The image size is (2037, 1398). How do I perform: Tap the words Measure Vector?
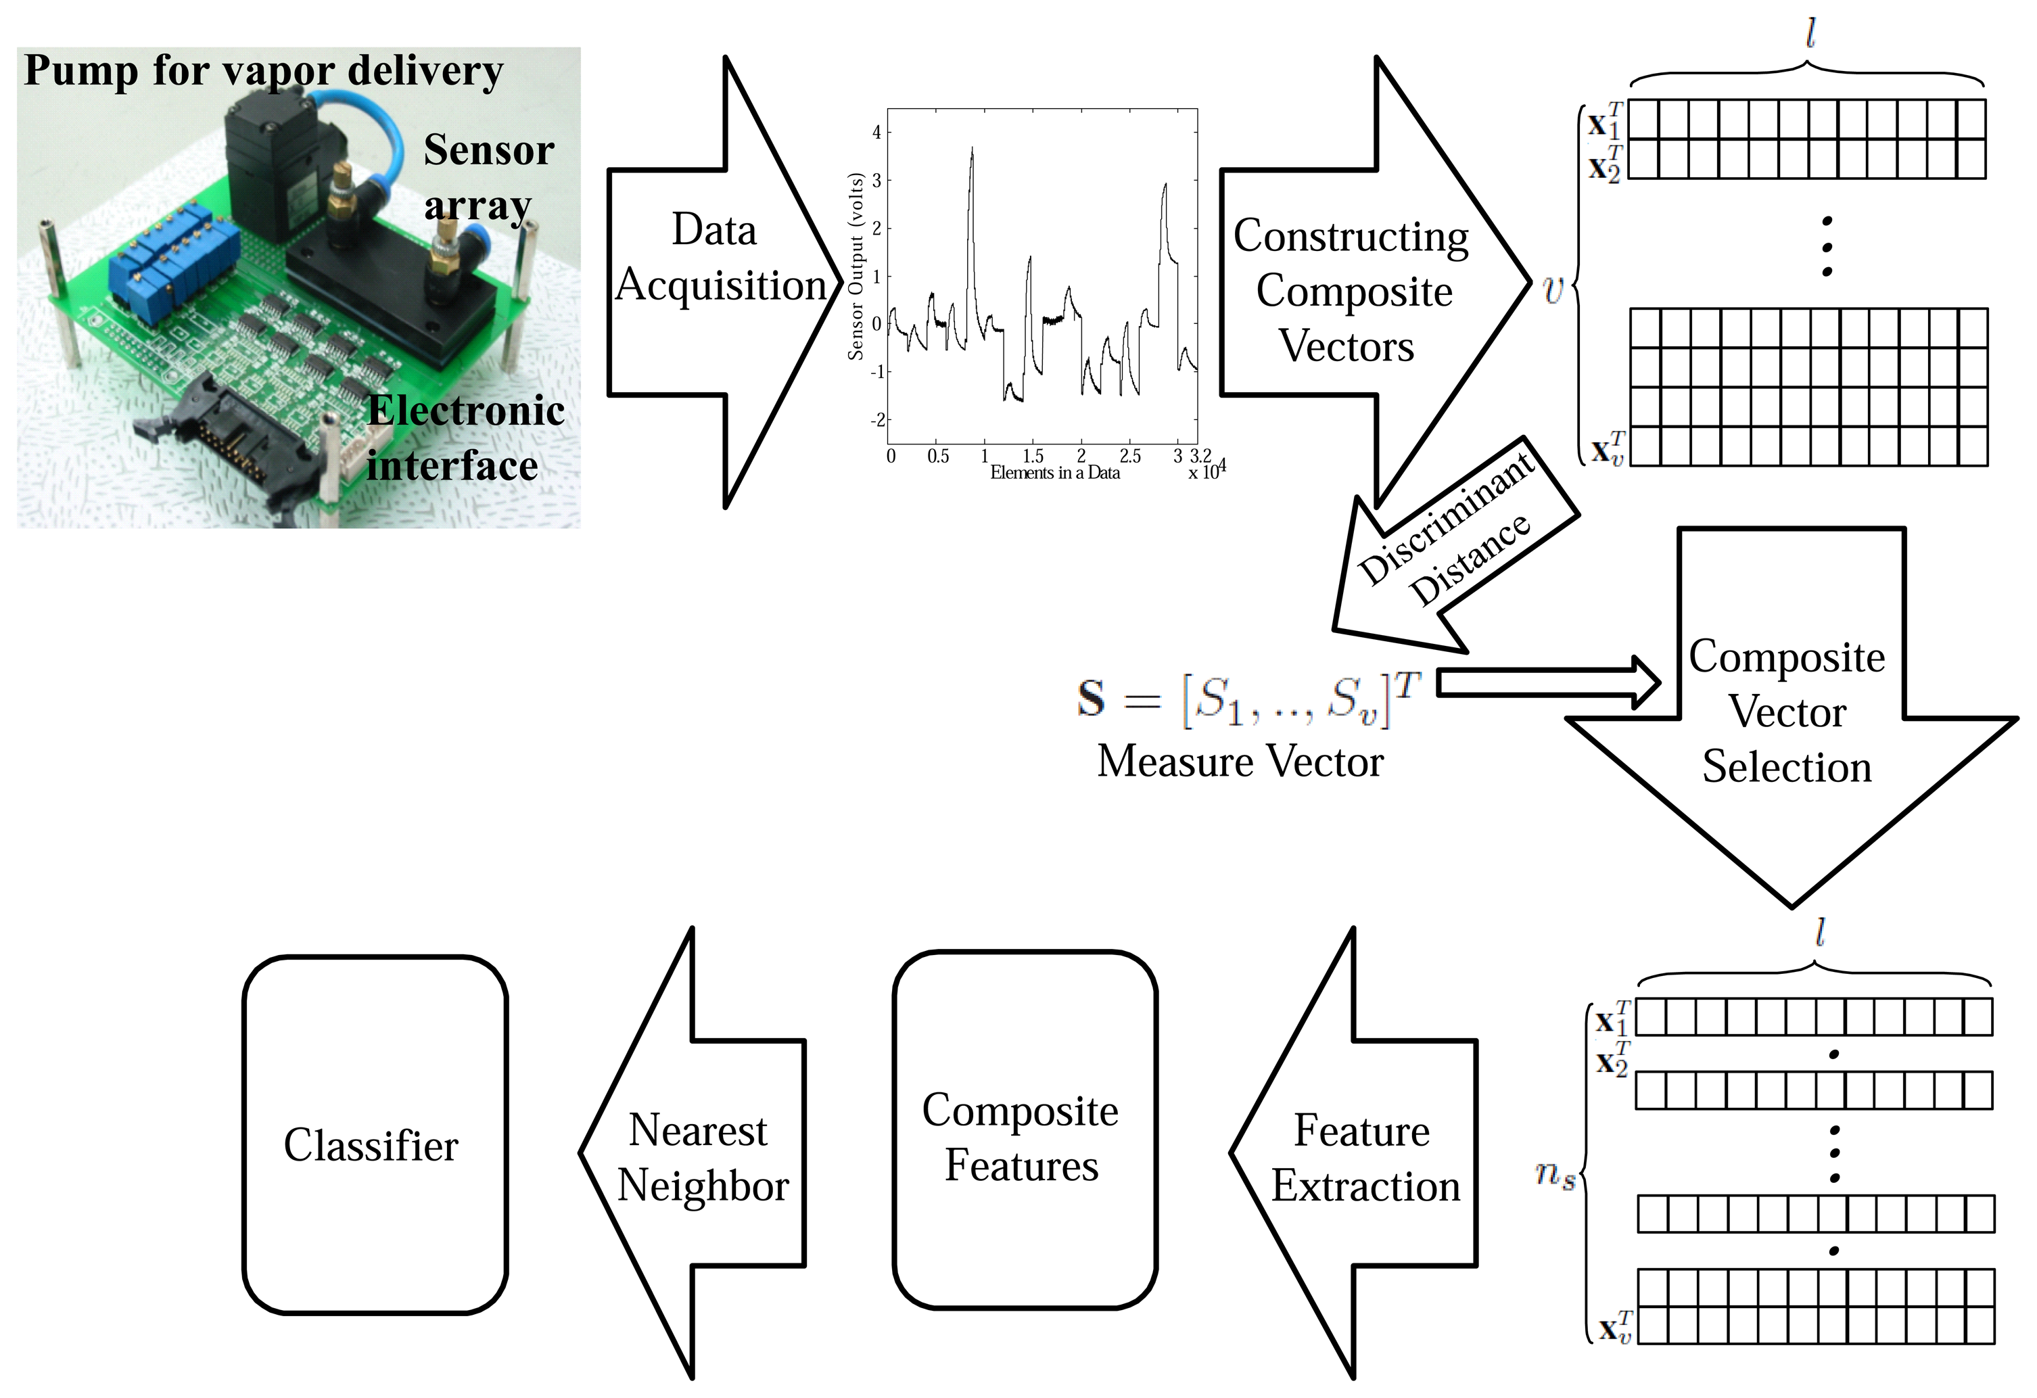click(x=1240, y=761)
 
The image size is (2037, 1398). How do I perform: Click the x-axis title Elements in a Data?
click(x=1054, y=473)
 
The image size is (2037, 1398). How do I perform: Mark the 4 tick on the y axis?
click(x=876, y=133)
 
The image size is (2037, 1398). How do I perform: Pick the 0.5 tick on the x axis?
click(x=938, y=456)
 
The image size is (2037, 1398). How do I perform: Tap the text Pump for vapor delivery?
click(x=263, y=70)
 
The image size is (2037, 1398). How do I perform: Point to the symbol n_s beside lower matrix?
click(x=1555, y=1175)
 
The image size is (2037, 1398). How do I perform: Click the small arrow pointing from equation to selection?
click(x=1548, y=683)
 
